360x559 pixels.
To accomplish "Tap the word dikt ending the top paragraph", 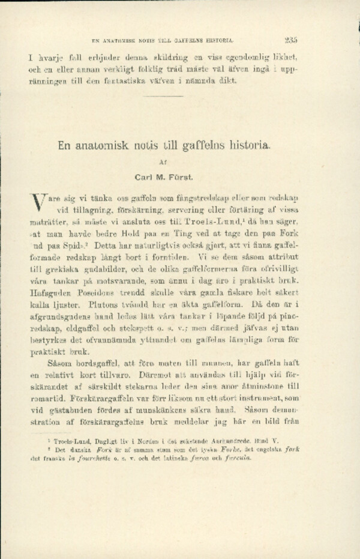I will point(228,82).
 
